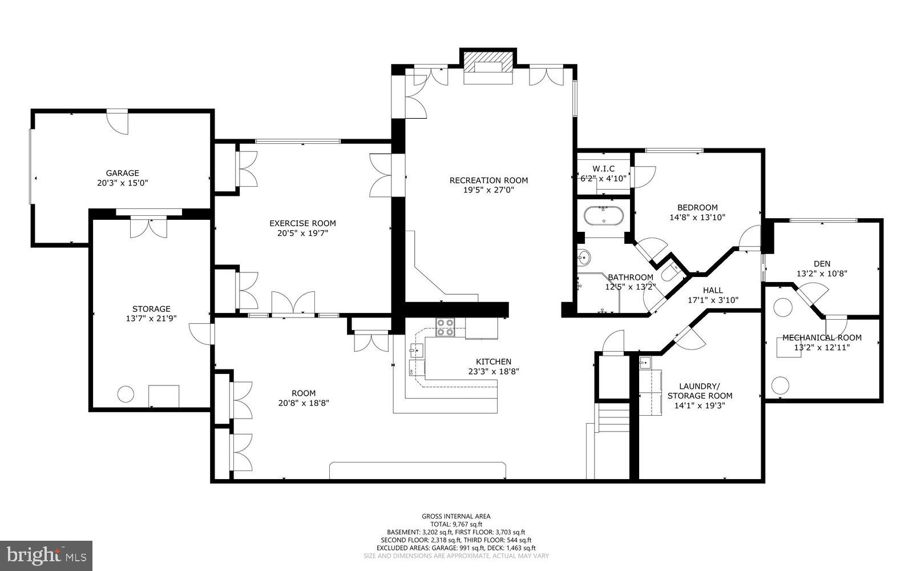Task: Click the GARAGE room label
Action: tap(122, 173)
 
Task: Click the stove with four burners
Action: tap(445, 328)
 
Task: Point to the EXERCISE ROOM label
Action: tap(302, 223)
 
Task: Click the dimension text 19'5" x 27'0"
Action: tap(488, 190)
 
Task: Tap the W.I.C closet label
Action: tap(603, 168)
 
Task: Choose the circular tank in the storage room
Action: tap(126, 393)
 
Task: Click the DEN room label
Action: tap(822, 263)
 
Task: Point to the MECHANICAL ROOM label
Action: tap(822, 337)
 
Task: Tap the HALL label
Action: tap(713, 290)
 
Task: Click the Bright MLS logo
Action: tap(46, 554)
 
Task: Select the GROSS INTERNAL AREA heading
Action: tap(456, 516)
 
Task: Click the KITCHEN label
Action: tap(494, 361)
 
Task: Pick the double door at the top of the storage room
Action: tap(148, 226)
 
